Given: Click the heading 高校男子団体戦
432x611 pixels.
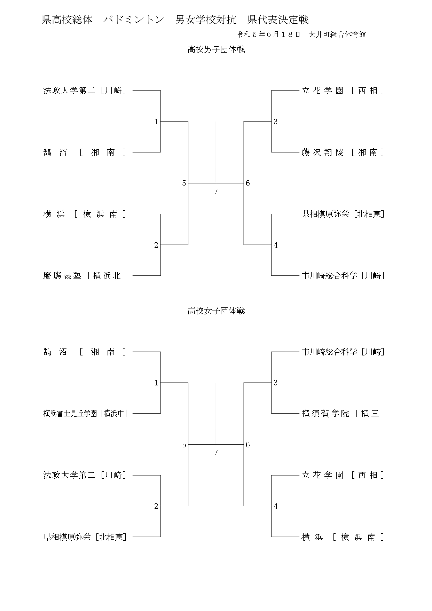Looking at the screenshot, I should [x=216, y=50].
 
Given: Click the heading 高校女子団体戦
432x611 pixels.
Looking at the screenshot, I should [x=216, y=311].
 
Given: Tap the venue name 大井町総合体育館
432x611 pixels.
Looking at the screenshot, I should [x=337, y=34].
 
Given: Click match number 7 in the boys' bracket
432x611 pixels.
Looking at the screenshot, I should [x=216, y=191].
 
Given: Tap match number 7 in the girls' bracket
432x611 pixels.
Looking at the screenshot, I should [x=216, y=453].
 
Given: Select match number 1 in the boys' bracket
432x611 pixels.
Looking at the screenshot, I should [x=156, y=122].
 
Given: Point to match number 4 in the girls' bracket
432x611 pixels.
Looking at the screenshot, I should [x=276, y=507].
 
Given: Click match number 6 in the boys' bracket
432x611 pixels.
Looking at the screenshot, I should [x=248, y=183].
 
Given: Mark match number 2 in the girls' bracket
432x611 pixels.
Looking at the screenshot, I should [x=156, y=507].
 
